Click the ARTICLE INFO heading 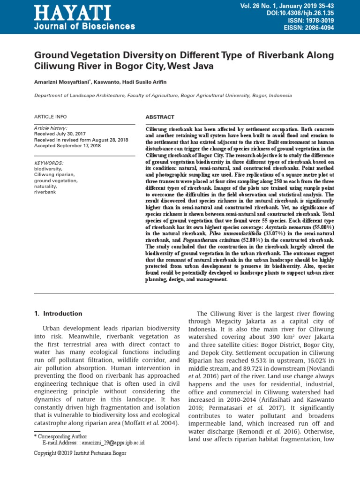pos(51,117)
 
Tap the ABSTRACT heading pos(160,117)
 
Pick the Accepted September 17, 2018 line pos(68,146)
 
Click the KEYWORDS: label pos(49,163)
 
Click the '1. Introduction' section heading pos(59,314)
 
